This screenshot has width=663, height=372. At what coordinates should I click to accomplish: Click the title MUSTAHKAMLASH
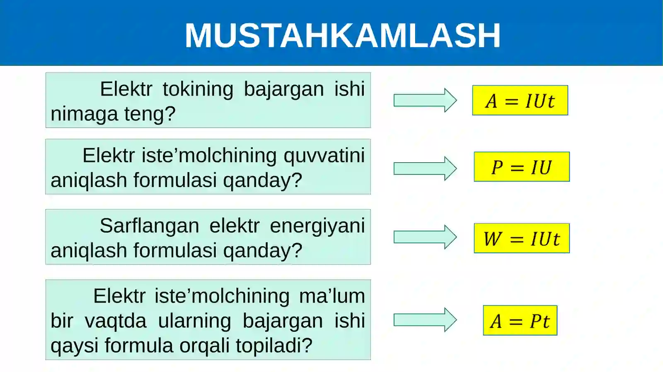343,36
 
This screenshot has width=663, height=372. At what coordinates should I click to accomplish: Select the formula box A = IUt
520,101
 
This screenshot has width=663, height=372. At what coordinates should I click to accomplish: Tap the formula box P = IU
522,167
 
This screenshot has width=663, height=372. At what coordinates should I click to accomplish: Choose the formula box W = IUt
522,238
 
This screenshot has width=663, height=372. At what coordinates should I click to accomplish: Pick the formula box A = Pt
520,321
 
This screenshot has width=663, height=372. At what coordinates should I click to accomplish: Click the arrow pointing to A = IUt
425,100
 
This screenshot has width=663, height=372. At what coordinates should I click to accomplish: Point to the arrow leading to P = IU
425,168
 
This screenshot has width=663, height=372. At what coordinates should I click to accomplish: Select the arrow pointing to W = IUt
425,237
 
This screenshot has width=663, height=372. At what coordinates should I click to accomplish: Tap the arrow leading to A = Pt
425,320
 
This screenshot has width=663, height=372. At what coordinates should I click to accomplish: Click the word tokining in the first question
198,89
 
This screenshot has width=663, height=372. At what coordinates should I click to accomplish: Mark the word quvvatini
324,156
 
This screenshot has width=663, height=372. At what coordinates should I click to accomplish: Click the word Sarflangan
149,226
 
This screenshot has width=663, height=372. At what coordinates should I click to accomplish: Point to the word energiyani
317,226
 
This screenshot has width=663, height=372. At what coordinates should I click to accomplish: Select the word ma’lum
332,296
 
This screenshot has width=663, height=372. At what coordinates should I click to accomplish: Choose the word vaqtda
116,321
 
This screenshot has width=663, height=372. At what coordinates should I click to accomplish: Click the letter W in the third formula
493,239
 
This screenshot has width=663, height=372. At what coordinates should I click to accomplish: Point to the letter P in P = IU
497,168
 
